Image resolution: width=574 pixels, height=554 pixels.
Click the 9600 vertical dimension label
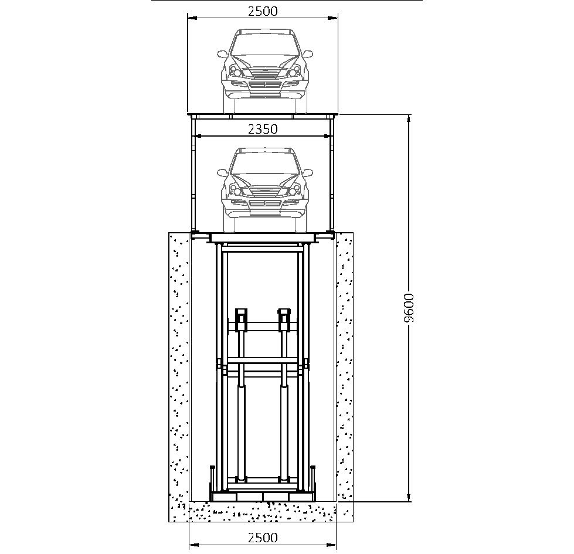point(409,307)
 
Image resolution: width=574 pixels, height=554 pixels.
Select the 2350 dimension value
point(263,129)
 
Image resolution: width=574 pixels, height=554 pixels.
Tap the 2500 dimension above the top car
point(263,11)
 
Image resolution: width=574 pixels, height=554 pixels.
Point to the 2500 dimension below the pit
point(263,538)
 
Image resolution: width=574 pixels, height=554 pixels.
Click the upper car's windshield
point(264,45)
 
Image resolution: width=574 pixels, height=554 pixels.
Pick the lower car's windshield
point(264,163)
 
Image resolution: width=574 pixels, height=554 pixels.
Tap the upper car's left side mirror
point(222,54)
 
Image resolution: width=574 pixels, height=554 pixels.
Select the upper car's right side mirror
point(307,54)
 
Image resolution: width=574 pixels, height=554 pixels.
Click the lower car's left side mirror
point(222,173)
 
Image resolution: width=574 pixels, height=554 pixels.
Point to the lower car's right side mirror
point(307,173)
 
